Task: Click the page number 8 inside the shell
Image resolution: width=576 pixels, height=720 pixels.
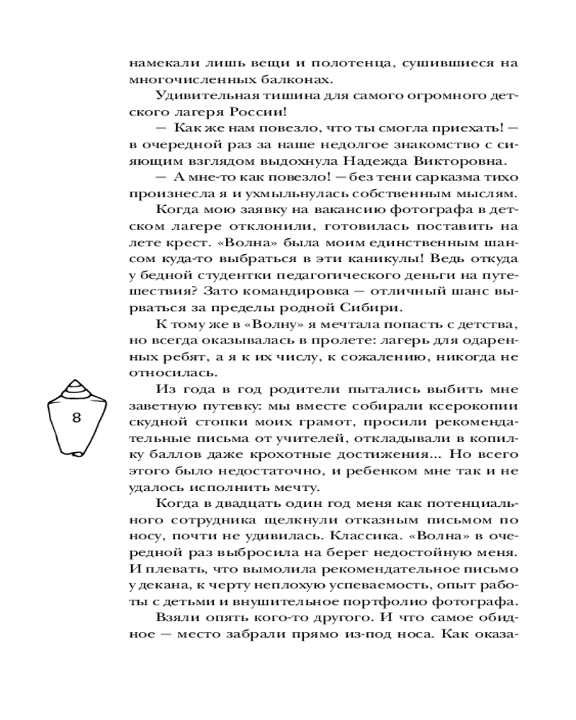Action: click(x=77, y=418)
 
